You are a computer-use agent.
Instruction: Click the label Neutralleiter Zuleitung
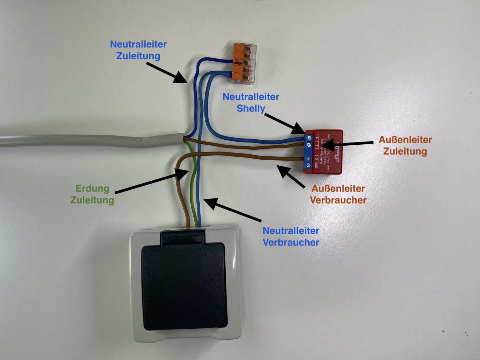138,50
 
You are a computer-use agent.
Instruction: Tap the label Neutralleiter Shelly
251,102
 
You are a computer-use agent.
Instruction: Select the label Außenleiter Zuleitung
405,145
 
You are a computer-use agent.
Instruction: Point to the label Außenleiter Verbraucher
338,194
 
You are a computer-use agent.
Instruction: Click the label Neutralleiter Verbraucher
291,236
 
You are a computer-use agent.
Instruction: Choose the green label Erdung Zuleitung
92,194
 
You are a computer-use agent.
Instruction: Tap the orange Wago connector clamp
244,64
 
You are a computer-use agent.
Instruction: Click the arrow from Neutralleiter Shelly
284,122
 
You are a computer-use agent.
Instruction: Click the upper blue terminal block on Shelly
308,141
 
